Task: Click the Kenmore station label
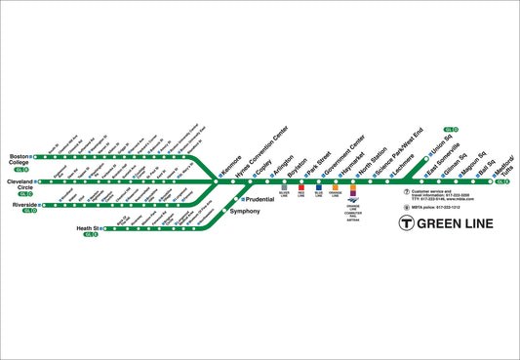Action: tap(231, 166)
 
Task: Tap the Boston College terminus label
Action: tap(20, 160)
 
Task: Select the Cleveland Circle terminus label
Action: tap(20, 185)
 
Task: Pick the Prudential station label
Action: tap(260, 199)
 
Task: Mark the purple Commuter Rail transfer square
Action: tap(353, 193)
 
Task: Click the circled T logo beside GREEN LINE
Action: tap(408, 223)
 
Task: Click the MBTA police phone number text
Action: tap(435, 207)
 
